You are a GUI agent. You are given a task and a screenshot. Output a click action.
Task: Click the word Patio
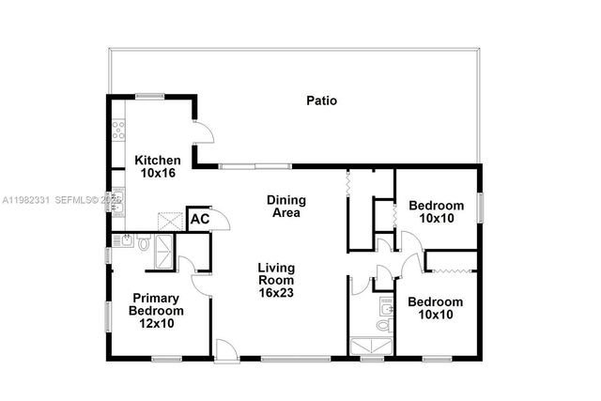coord(321,100)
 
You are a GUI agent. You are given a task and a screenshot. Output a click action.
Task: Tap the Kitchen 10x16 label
coord(157,166)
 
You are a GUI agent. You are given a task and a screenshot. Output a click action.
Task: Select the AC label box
coord(199,219)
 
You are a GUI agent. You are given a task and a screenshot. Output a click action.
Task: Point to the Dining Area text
coord(285,206)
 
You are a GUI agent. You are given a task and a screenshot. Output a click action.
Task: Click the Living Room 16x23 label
coord(277,280)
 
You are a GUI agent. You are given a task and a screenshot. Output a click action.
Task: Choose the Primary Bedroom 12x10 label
coord(156,310)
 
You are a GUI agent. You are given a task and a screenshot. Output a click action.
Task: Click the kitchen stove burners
coord(119,131)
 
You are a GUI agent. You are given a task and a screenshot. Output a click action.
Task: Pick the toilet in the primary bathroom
coord(143,244)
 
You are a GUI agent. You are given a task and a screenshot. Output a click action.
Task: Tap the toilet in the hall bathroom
coord(383,325)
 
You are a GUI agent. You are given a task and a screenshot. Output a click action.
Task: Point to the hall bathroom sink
coord(386,305)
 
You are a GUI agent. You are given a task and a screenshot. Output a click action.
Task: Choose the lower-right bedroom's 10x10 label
coord(435,308)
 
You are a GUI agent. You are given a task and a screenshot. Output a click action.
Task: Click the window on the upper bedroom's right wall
coord(479,206)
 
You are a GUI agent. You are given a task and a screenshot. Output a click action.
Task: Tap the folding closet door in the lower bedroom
coord(452,271)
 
